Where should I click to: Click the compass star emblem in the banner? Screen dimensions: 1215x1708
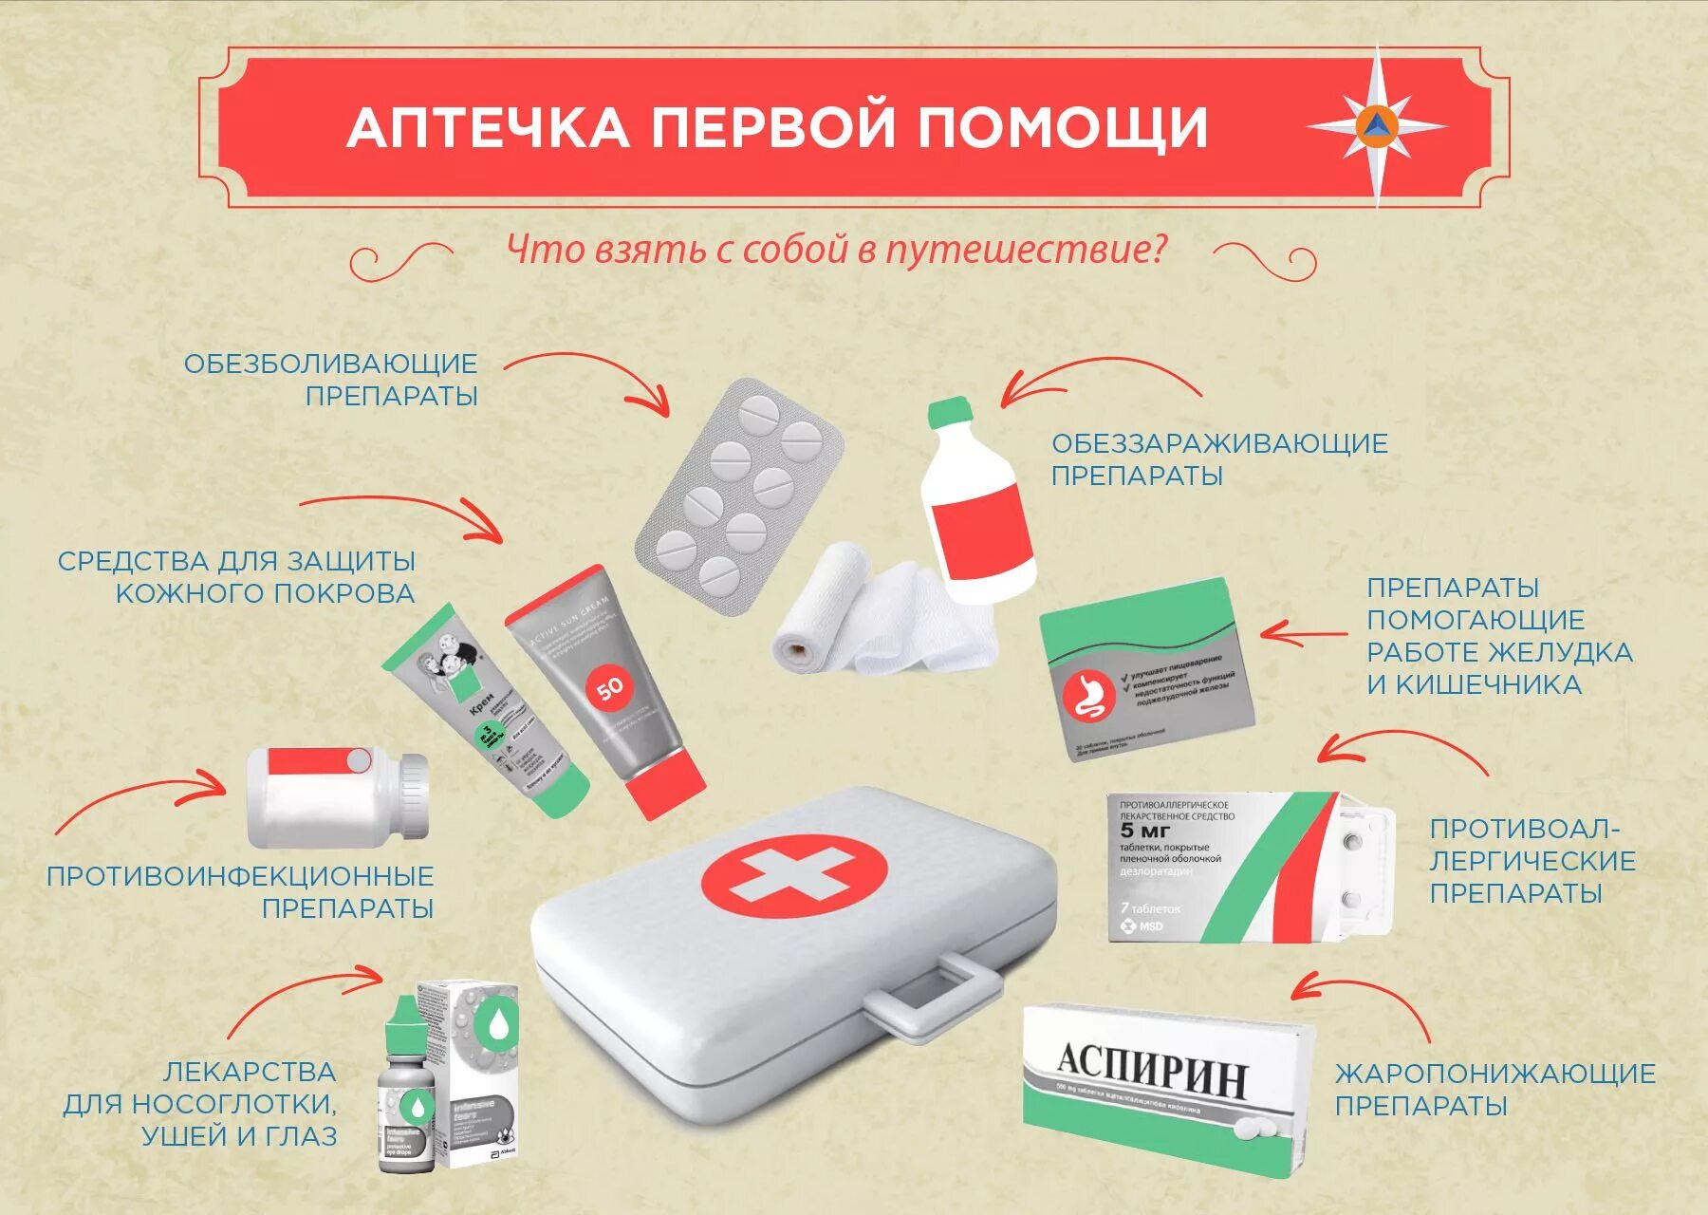[x=1377, y=125]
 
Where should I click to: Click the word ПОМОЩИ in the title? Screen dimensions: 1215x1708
[x=1063, y=127]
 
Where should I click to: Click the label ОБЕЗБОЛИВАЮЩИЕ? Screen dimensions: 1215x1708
[x=330, y=364]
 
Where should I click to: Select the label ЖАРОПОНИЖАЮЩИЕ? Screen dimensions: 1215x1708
[x=1494, y=1074]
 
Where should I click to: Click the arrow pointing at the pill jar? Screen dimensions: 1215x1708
[x=142, y=797]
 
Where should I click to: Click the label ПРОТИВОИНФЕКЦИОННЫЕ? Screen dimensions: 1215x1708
[x=239, y=875]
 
